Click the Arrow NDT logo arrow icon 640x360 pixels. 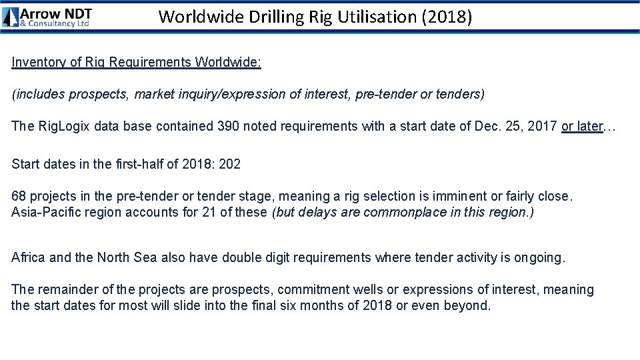pos(11,17)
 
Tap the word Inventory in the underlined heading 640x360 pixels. pos(37,62)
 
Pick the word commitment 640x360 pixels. pos(311,290)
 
